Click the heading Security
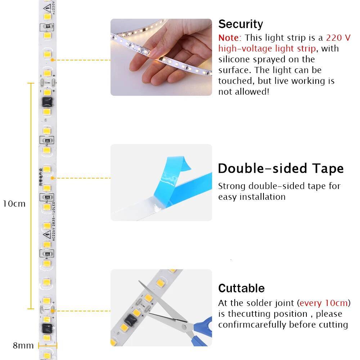tap(240, 24)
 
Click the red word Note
tap(228, 38)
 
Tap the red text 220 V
tap(338, 38)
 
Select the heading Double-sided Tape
tap(281, 168)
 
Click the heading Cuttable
tap(241, 288)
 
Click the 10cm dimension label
tap(14, 204)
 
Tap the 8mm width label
tap(23, 346)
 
